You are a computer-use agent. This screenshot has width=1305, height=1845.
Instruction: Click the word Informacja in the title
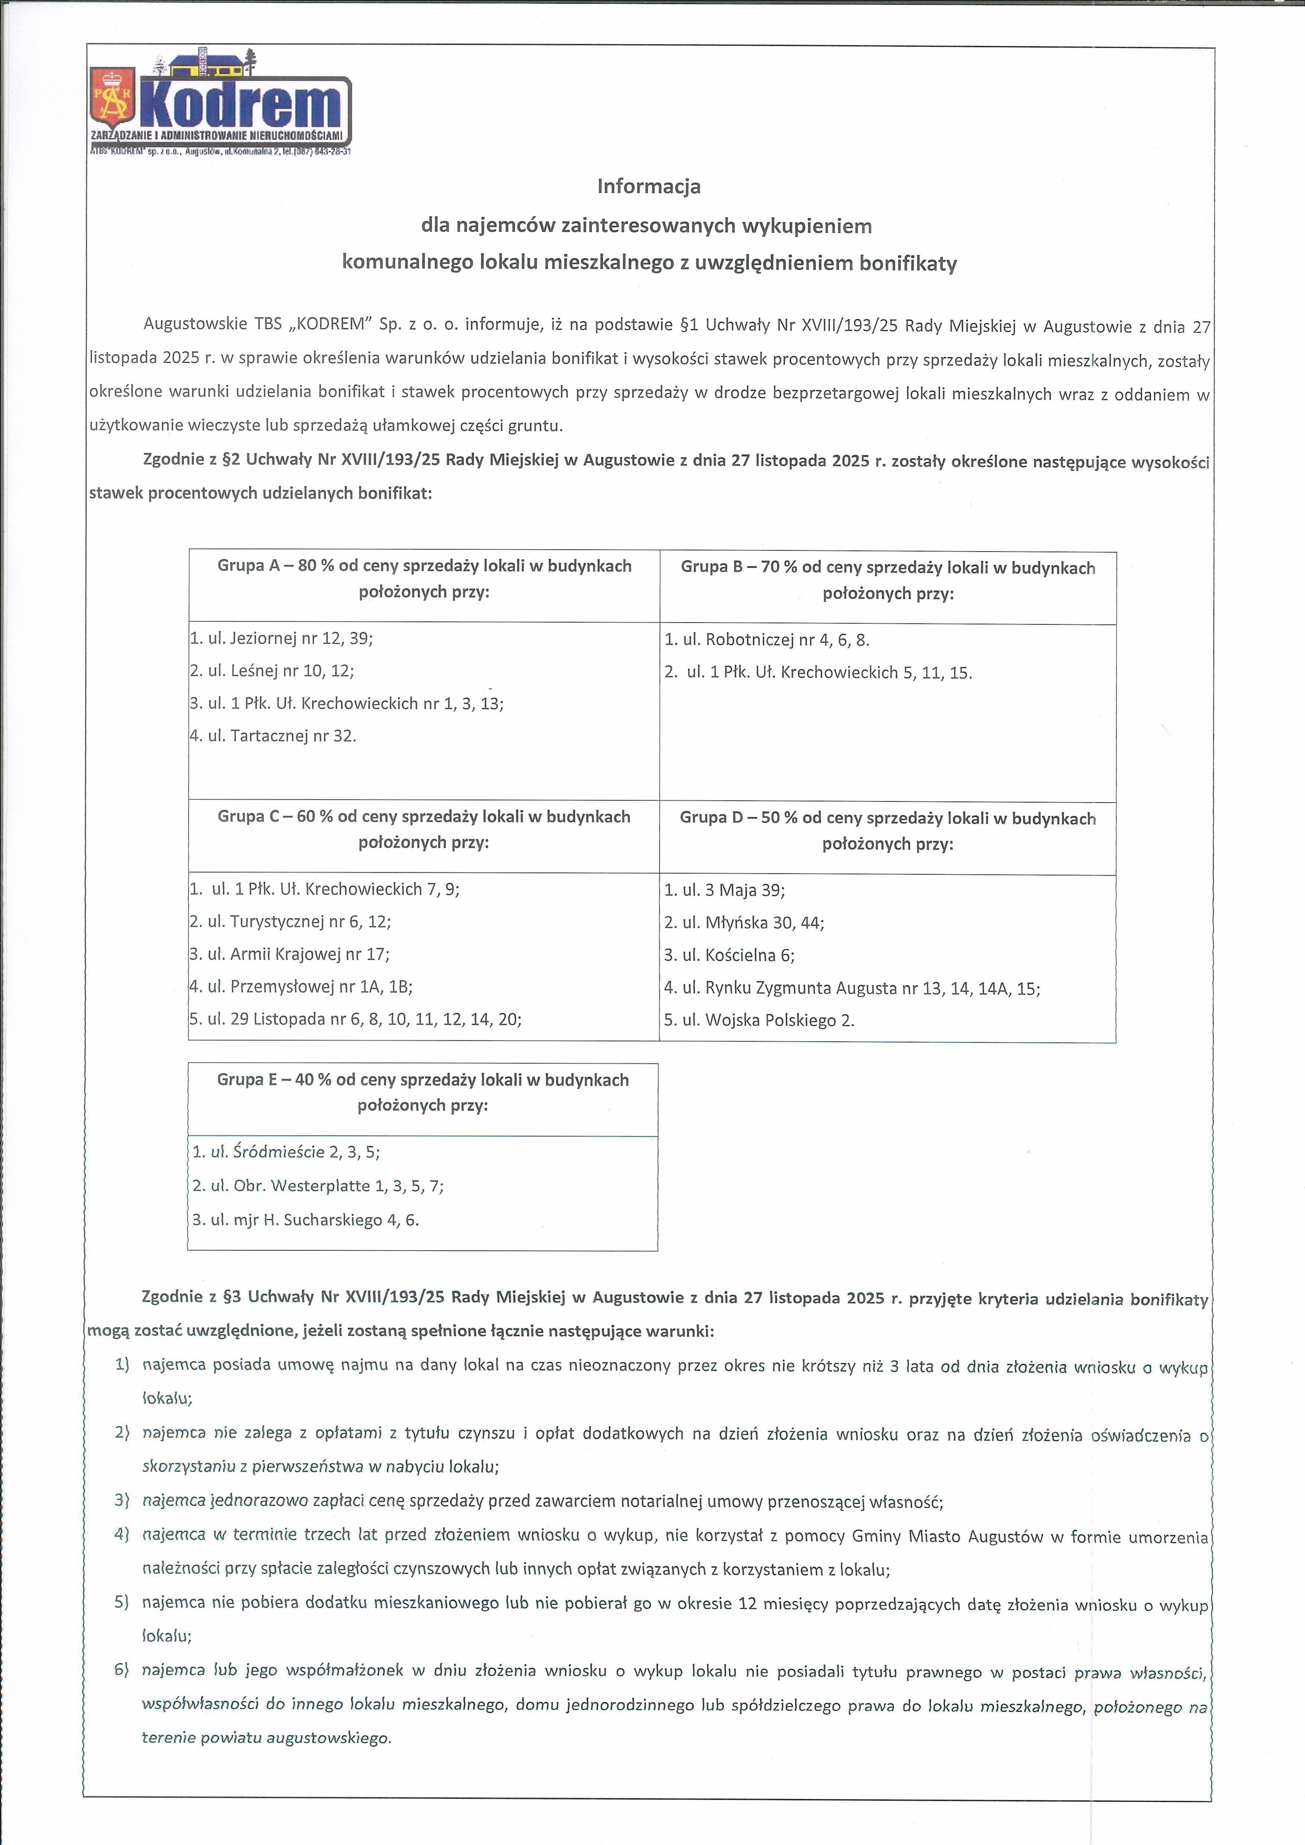tap(649, 186)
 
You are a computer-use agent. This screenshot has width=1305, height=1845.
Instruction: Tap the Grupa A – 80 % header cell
tap(424, 579)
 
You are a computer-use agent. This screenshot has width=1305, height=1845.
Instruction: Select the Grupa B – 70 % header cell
tap(888, 580)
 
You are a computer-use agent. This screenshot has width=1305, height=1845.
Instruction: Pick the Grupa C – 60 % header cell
tap(424, 829)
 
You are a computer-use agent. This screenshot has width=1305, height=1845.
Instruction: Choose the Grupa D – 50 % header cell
tap(888, 831)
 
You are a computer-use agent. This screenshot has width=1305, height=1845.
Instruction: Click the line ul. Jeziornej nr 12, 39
tap(281, 639)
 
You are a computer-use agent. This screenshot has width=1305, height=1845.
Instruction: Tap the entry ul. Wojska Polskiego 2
tap(759, 1021)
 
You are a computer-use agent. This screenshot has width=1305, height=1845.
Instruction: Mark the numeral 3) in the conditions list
tap(122, 1500)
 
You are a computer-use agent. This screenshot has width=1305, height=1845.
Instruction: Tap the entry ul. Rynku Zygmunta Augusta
tap(852, 988)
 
